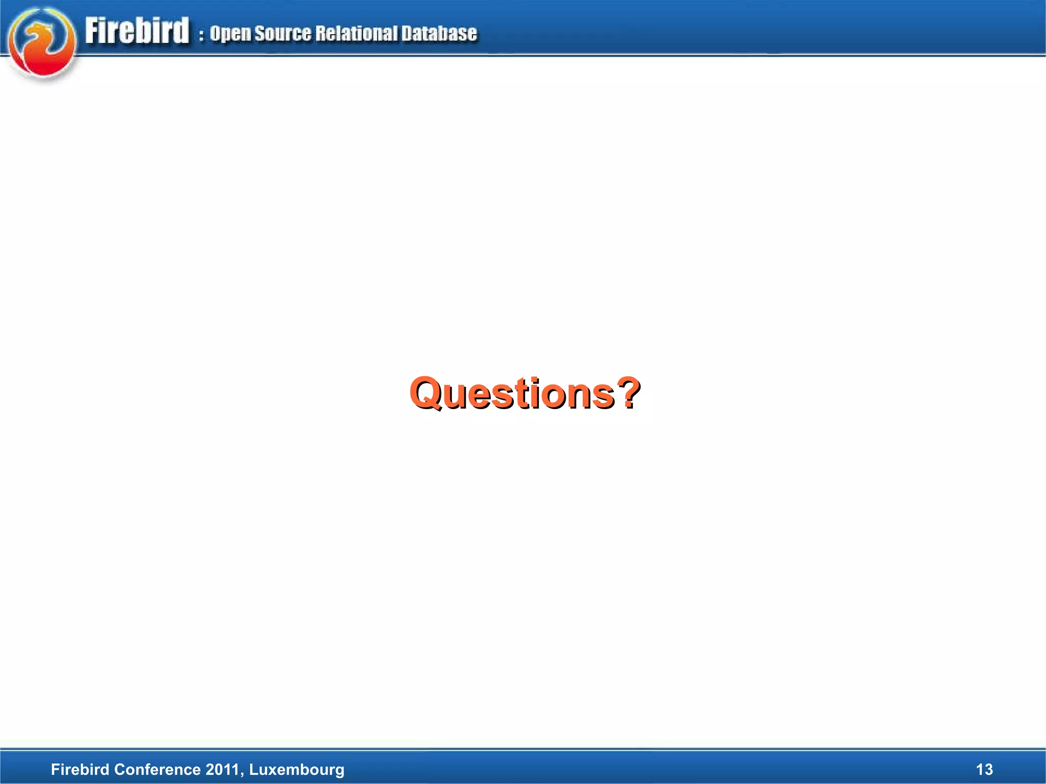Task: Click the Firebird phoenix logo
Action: [42, 44]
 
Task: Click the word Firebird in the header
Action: [137, 31]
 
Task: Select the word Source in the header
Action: [282, 34]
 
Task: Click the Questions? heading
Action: [525, 393]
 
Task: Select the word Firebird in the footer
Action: [81, 769]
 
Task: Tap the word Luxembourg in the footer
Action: [297, 770]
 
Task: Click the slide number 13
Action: [984, 769]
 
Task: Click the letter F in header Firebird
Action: [92, 31]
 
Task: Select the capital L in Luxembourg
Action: [253, 769]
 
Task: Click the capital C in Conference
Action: [120, 769]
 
